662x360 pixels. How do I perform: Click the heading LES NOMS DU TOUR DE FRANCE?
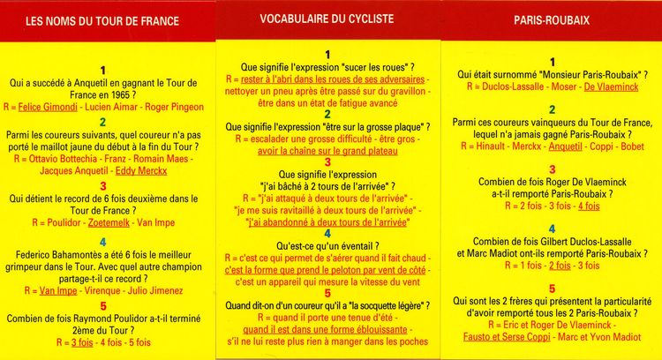pyautogui.click(x=104, y=20)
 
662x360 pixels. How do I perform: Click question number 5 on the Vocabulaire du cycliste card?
pyautogui.click(x=327, y=293)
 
